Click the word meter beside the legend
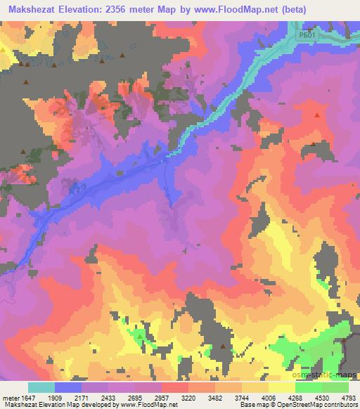point(10,397)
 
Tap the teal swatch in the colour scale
point(41,387)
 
